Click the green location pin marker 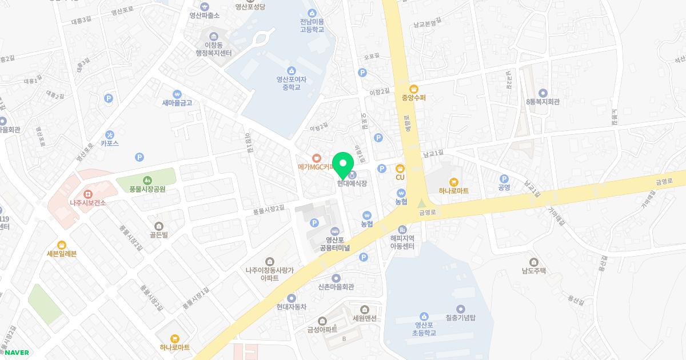(x=342, y=165)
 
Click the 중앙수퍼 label (x=414, y=98)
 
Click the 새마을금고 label (x=177, y=103)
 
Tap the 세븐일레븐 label (x=62, y=254)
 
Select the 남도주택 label (x=535, y=271)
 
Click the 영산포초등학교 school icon (x=424, y=316)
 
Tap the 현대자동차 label (x=292, y=306)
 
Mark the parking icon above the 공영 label (x=504, y=178)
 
